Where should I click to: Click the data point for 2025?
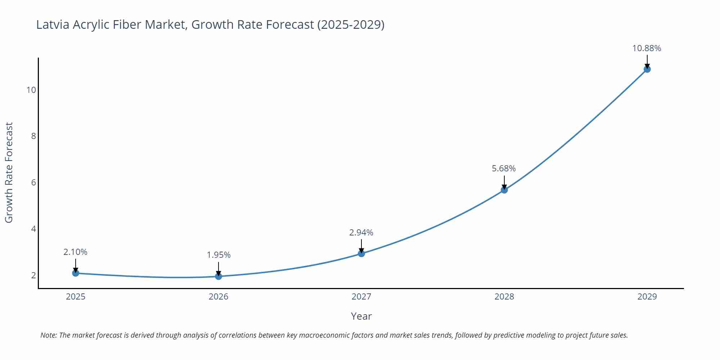(76, 273)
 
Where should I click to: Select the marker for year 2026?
(219, 276)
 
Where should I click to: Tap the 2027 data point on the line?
(361, 253)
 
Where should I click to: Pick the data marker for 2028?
(504, 190)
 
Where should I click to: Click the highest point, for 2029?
(647, 69)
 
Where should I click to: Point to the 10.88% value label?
(647, 48)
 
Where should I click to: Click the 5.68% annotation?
(504, 168)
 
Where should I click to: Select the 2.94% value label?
(361, 233)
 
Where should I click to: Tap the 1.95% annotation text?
(219, 255)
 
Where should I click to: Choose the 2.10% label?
(75, 252)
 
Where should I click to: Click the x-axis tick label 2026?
(219, 297)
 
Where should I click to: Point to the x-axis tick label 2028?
(504, 297)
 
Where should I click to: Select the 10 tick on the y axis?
(31, 90)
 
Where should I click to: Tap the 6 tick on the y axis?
(33, 183)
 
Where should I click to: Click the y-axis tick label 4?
(33, 229)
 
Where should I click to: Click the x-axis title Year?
(361, 316)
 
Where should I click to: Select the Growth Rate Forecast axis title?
(9, 172)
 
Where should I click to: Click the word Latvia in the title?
(53, 24)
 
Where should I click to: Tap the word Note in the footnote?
(48, 335)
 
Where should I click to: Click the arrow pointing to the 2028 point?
(504, 182)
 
